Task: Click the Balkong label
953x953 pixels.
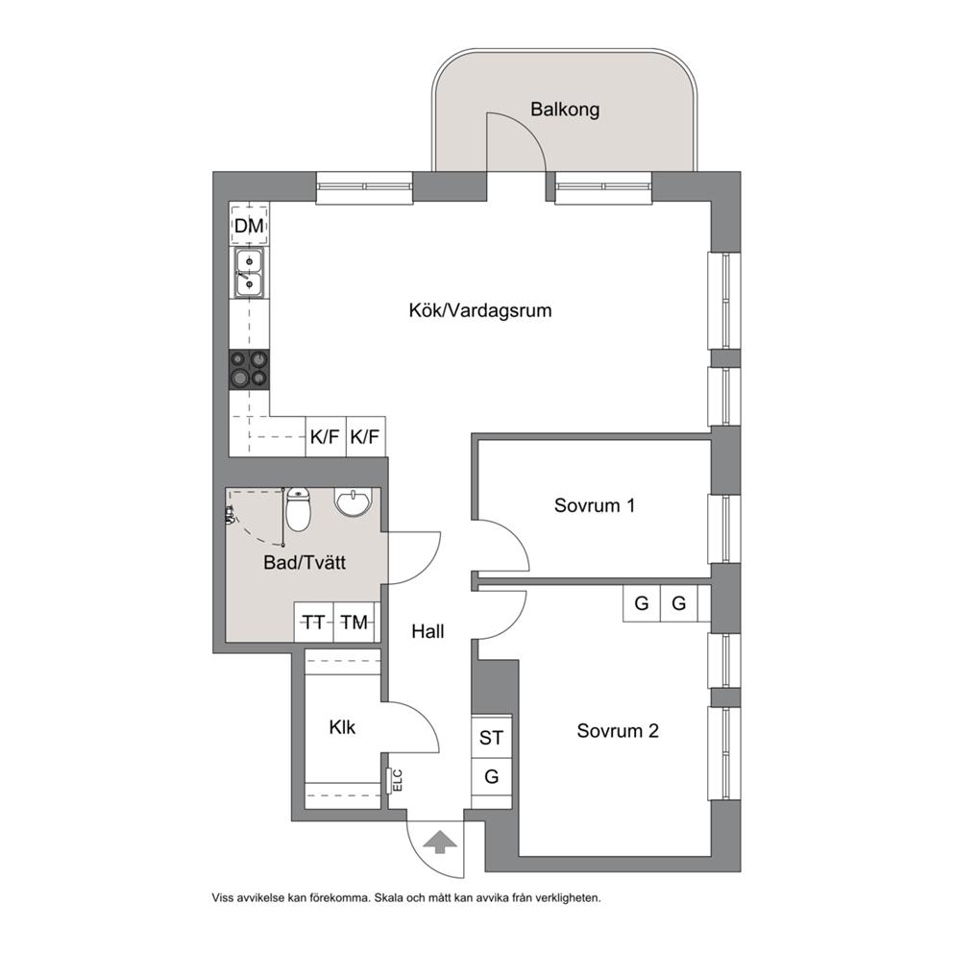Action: click(x=565, y=110)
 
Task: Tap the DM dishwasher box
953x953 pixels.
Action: click(x=249, y=225)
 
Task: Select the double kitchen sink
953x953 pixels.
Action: click(x=249, y=274)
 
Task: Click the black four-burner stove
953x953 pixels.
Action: click(x=249, y=370)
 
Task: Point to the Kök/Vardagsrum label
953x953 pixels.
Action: click(x=480, y=310)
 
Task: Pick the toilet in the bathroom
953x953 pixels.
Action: click(x=298, y=509)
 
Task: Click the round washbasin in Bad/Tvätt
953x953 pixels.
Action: click(x=352, y=502)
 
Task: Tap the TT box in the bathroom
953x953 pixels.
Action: click(x=313, y=623)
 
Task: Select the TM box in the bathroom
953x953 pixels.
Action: click(x=354, y=623)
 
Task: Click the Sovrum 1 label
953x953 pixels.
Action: click(x=595, y=505)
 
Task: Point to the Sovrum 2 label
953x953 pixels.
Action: click(x=618, y=730)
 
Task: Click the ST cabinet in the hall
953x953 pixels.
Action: click(x=492, y=737)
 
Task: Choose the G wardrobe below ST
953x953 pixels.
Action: click(x=492, y=777)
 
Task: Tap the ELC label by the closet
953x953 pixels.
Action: click(x=398, y=781)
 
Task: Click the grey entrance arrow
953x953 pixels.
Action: click(x=439, y=843)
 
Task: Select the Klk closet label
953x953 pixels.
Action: click(x=342, y=727)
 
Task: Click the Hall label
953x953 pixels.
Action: click(x=428, y=631)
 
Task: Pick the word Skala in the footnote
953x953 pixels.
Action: click(x=388, y=897)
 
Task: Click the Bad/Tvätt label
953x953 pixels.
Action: click(x=305, y=562)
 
